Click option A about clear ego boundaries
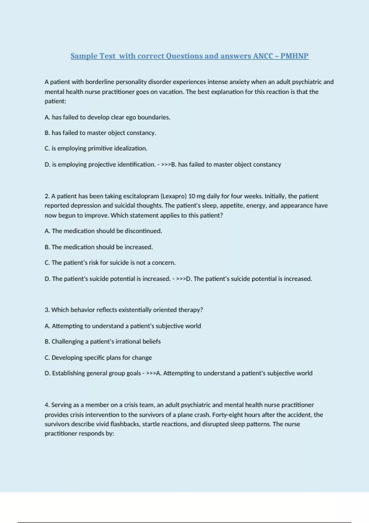click(x=107, y=117)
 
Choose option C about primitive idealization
click(x=96, y=148)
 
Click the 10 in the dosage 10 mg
click(x=192, y=196)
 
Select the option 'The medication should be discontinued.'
click(x=103, y=231)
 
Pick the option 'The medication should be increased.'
click(x=99, y=247)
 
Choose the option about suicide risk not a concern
click(x=110, y=263)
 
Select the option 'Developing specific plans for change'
click(x=98, y=357)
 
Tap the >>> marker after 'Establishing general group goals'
click(x=151, y=373)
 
